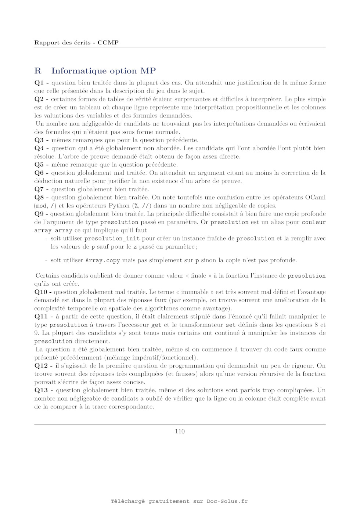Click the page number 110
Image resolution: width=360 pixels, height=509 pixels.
[180, 432]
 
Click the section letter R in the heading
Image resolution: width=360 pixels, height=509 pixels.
[38, 71]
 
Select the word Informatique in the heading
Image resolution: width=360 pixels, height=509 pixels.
[76, 71]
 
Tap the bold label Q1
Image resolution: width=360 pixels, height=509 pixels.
[39, 83]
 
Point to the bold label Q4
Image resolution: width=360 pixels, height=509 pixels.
[39, 148]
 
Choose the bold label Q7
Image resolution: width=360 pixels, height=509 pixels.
[39, 189]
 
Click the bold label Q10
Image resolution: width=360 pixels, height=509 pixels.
[41, 292]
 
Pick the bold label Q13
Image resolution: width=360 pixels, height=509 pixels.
[41, 390]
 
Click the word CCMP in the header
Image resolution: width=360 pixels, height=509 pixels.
[108, 43]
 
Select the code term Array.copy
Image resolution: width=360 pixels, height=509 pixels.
[102, 260]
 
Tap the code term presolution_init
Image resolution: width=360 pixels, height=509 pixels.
[112, 239]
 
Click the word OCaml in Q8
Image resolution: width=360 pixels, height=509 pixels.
[315, 198]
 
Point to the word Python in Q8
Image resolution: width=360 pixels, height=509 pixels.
[119, 206]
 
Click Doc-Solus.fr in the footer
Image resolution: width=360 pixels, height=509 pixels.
[227, 501]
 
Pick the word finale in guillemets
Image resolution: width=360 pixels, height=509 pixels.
[198, 275]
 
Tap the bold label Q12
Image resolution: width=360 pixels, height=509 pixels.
[41, 366]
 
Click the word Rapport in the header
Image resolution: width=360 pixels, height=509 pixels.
[47, 43]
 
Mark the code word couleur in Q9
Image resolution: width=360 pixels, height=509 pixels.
[314, 222]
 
